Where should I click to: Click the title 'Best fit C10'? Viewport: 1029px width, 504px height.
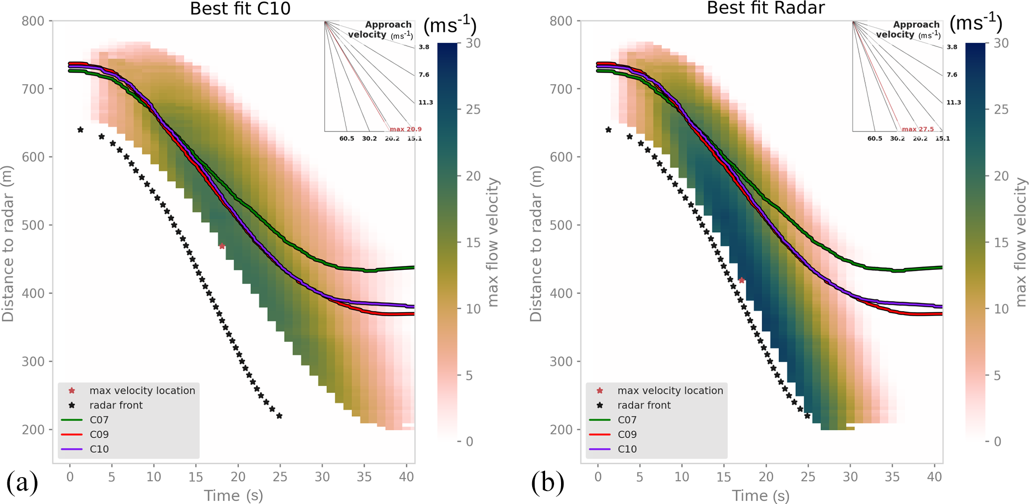pos(240,9)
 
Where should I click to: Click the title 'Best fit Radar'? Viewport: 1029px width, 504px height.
pos(766,8)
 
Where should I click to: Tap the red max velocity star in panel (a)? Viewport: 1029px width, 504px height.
pos(222,246)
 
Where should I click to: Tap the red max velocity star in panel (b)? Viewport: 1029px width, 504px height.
pos(741,280)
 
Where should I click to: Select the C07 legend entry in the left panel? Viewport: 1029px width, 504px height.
pos(99,420)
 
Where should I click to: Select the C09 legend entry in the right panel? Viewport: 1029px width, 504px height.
pos(627,434)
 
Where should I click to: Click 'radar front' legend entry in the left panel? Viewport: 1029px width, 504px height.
pos(115,405)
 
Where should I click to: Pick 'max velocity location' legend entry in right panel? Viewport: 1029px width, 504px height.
pos(670,391)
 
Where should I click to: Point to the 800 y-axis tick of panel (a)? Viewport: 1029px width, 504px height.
pos(33,21)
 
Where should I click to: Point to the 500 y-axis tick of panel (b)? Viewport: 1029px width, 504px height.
pos(561,225)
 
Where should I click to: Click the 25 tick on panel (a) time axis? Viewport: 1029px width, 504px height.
pos(280,477)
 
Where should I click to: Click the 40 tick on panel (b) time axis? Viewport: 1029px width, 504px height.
pos(934,477)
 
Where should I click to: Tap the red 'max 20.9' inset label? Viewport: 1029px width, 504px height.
pos(405,129)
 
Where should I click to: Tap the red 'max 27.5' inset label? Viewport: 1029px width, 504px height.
pos(918,129)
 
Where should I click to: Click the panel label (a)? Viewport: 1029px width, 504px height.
pos(22,483)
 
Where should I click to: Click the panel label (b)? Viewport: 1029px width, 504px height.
pos(548,483)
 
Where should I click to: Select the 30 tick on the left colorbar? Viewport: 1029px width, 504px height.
pos(473,43)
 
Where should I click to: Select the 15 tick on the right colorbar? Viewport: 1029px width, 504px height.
pos(1001,243)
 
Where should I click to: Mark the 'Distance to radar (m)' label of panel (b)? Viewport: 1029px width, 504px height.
pos(536,244)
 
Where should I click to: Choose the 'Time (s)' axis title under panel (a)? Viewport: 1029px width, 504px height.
pos(233,496)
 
